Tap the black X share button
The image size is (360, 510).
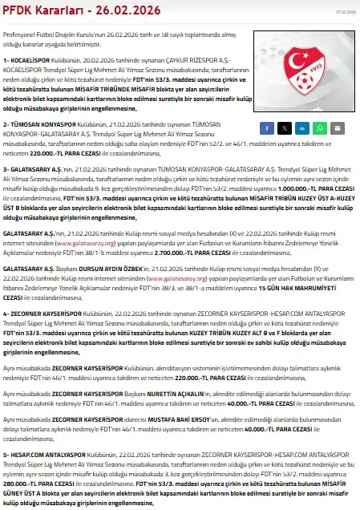pos(284,127)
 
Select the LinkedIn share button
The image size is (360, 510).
pos(301,127)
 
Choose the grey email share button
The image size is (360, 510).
pos(337,127)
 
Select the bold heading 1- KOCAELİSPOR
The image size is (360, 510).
pos(28,61)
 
